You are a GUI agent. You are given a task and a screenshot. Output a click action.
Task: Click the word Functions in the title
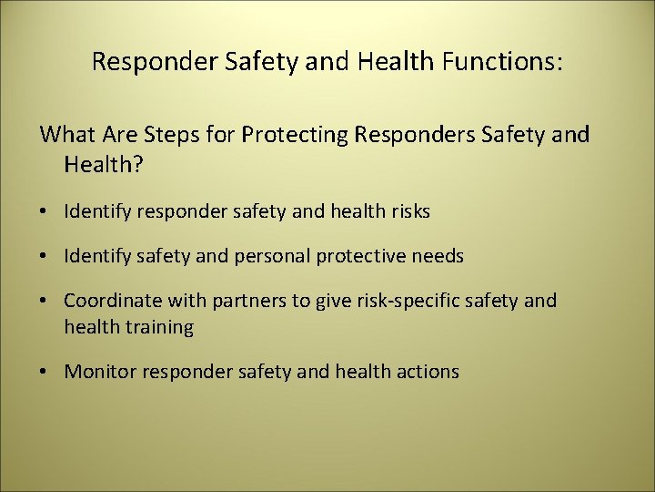point(502,62)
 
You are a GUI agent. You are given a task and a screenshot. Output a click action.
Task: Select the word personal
point(271,257)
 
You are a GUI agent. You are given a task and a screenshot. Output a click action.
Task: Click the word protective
point(359,257)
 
